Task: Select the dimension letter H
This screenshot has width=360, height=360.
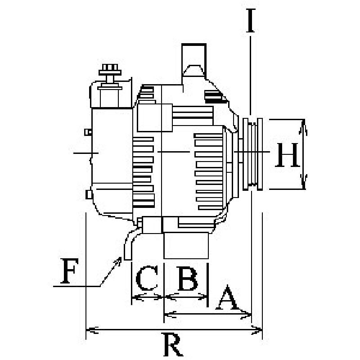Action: (288, 155)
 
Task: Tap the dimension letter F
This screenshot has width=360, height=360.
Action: (69, 271)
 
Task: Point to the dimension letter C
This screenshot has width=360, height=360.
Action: (147, 278)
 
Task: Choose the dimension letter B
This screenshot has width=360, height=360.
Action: (188, 278)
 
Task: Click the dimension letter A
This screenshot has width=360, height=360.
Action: (228, 297)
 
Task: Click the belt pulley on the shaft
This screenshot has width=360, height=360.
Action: (252, 154)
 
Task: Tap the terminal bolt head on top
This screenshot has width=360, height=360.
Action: (110, 70)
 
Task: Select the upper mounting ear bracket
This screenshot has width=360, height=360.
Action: (194, 61)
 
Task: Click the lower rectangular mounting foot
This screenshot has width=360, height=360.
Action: (186, 246)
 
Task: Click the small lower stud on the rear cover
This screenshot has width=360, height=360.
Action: (89, 194)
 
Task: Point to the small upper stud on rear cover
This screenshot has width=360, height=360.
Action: (88, 132)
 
